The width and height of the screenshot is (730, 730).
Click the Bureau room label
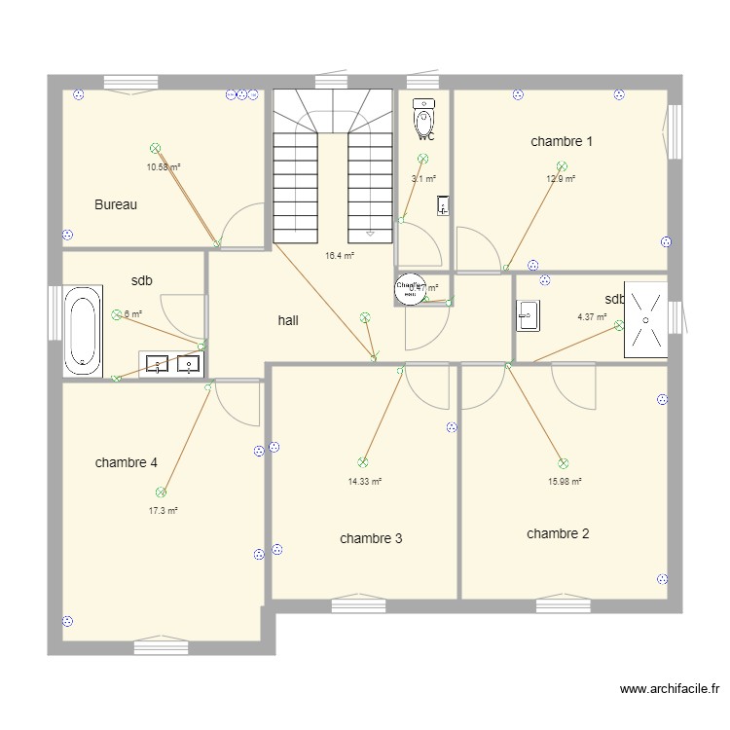[x=116, y=204]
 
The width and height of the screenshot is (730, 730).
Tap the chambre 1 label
[x=562, y=141]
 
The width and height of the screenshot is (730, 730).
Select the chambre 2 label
[x=558, y=533]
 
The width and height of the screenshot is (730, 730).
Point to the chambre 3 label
[x=371, y=538]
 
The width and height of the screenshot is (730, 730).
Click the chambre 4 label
[x=127, y=462]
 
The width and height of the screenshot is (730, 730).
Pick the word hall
[x=288, y=319]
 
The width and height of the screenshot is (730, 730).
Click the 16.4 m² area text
[x=339, y=256]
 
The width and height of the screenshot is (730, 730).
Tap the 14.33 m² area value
[x=364, y=481]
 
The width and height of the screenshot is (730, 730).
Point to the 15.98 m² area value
[x=565, y=481]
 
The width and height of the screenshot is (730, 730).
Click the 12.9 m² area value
[x=560, y=179]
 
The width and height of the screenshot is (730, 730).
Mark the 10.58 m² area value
[x=164, y=166]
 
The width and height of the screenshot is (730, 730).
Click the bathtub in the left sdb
[x=82, y=331]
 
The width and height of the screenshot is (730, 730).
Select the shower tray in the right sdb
[x=645, y=319]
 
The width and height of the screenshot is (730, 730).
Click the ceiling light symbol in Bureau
[x=155, y=148]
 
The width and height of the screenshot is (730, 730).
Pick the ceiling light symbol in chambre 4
[x=161, y=493]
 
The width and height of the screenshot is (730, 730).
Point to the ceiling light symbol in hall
[x=365, y=316]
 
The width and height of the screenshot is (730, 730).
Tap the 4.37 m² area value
[x=592, y=316]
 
